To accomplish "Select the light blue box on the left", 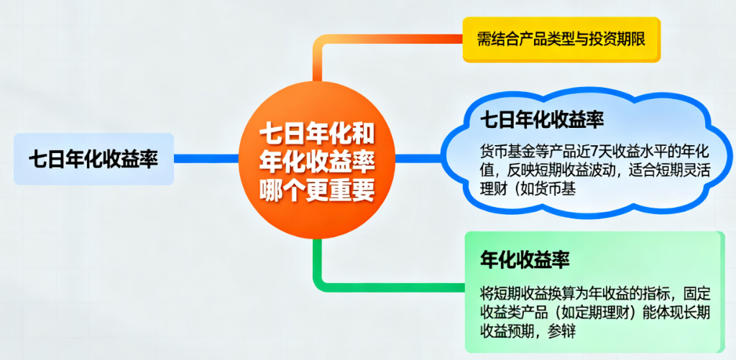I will [93, 159].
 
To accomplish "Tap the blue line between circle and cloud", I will [413, 159].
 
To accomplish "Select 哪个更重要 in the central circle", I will [317, 189].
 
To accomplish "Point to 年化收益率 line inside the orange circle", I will [317, 161].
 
